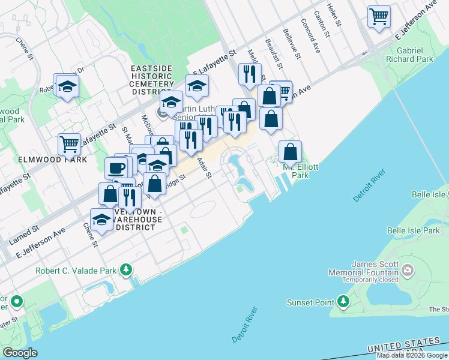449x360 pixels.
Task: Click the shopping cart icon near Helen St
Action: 379,16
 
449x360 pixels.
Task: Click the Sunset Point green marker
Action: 343,301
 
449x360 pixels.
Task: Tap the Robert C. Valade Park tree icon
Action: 125,270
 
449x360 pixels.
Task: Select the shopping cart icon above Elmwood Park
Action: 70,145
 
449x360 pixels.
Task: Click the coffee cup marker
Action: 116,167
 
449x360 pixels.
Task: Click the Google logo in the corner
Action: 20,353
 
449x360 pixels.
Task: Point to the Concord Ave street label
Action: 311,38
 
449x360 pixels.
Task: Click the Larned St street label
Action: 24,235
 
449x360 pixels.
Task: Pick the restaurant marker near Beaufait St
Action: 250,74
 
